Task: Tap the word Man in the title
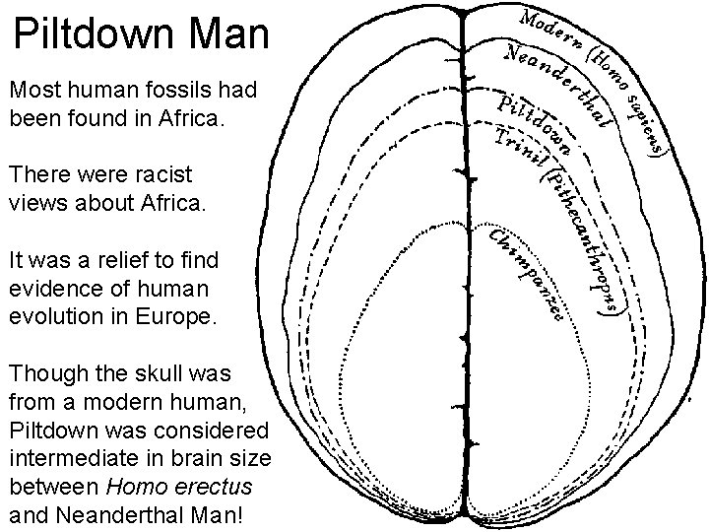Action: (x=227, y=34)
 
